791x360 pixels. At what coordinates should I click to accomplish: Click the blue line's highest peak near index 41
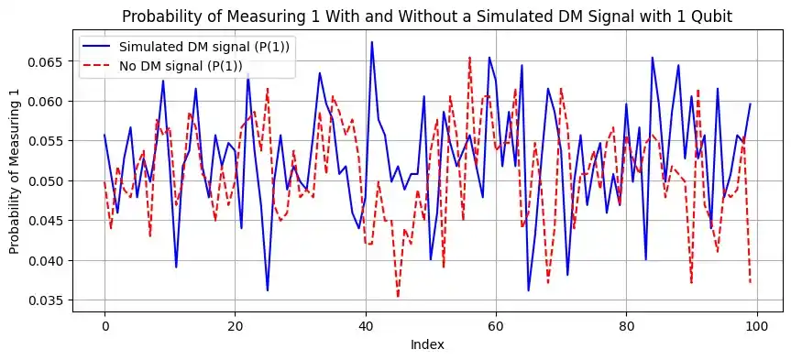[x=372, y=42]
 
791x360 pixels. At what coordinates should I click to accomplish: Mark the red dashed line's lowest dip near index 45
[x=398, y=297]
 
